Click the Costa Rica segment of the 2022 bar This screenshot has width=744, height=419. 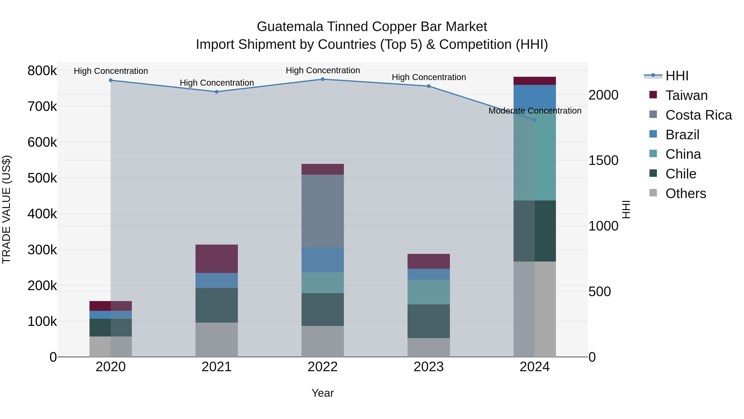pyautogui.click(x=323, y=211)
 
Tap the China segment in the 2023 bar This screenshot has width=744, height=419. pyautogui.click(x=429, y=292)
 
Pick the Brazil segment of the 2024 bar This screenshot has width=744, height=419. pyautogui.click(x=535, y=97)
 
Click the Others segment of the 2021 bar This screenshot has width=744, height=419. pyautogui.click(x=217, y=340)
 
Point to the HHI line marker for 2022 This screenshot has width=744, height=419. pyautogui.click(x=323, y=79)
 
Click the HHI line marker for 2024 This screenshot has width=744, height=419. pyautogui.click(x=535, y=120)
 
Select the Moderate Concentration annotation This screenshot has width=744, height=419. pyautogui.click(x=535, y=111)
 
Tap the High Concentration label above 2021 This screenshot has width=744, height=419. pyautogui.click(x=217, y=83)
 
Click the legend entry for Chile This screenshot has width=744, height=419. pyautogui.click(x=681, y=174)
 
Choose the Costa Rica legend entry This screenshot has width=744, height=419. pyautogui.click(x=698, y=115)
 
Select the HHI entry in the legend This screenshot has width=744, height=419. pyautogui.click(x=677, y=76)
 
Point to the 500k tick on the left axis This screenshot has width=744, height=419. pyautogui.click(x=42, y=178)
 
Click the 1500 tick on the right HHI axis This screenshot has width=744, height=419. pyautogui.click(x=603, y=161)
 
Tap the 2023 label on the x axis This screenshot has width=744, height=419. pyautogui.click(x=429, y=367)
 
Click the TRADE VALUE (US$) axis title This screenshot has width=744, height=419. pyautogui.click(x=6, y=209)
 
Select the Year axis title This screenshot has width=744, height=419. pyautogui.click(x=323, y=393)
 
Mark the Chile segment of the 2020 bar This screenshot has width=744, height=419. pyautogui.click(x=111, y=327)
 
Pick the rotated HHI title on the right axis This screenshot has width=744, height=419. pyautogui.click(x=626, y=209)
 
